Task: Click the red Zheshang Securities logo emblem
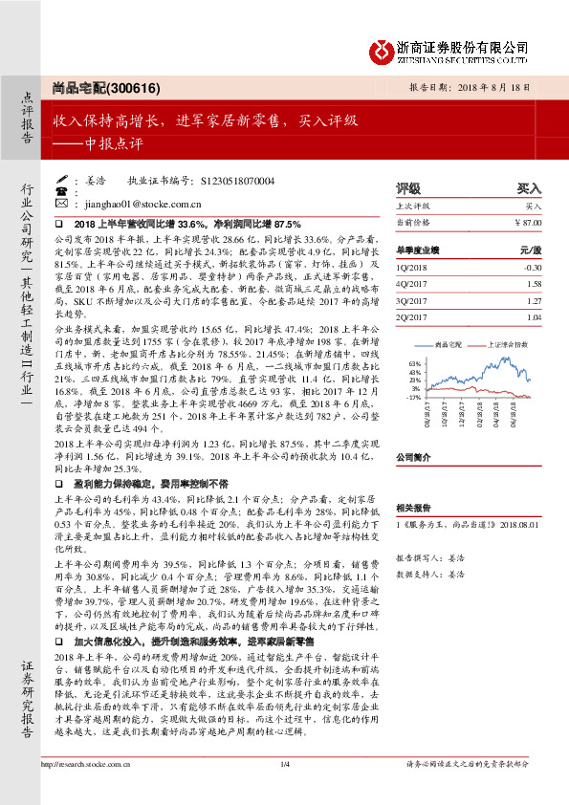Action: coord(383,50)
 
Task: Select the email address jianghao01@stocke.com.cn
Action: coord(127,204)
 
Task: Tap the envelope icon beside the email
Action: coord(61,204)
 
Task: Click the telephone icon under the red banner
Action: coord(61,191)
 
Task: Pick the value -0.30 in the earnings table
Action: coord(531,269)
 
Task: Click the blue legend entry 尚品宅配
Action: coord(447,342)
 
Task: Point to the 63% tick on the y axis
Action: coord(415,364)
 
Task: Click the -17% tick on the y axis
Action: coord(414,397)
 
